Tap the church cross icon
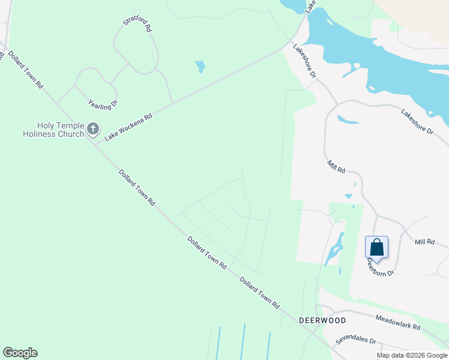(92, 128)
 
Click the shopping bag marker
(376, 247)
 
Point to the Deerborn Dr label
(381, 266)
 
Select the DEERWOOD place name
(322, 320)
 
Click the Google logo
(20, 353)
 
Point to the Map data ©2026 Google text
(411, 355)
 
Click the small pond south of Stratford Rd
(200, 66)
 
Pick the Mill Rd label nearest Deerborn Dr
(424, 242)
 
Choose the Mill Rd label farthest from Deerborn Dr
(336, 167)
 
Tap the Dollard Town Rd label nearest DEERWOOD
(259, 292)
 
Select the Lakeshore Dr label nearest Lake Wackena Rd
(304, 62)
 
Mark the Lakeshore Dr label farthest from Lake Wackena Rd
(417, 121)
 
